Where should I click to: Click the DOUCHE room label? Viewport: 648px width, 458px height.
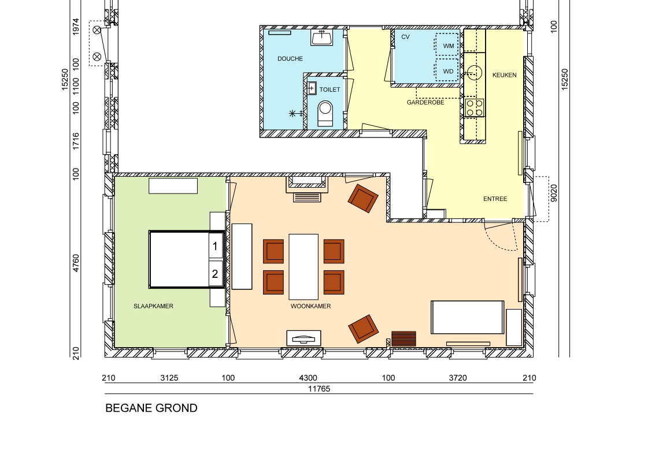tap(290, 59)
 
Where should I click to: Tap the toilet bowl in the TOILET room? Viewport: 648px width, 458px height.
tap(325, 113)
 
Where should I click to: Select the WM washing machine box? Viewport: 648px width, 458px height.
tap(447, 44)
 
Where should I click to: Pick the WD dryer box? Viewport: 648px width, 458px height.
tap(447, 70)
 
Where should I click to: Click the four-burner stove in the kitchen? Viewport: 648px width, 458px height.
tap(475, 107)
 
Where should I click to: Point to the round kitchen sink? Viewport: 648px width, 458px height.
tap(474, 73)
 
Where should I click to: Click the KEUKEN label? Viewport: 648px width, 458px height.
tap(504, 75)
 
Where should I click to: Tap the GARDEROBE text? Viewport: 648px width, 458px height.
tap(425, 102)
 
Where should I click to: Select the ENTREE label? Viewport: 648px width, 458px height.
tap(495, 199)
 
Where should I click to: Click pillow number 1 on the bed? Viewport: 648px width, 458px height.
tap(215, 246)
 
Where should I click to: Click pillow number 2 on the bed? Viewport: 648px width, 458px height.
tap(215, 273)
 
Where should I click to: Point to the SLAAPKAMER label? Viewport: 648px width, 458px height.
tap(153, 307)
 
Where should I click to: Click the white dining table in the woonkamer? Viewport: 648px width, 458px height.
tap(303, 267)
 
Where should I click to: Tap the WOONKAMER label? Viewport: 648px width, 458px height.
tap(311, 307)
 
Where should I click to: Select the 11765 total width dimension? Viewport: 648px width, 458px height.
tap(319, 389)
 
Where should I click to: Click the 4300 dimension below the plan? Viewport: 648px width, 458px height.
tap(308, 378)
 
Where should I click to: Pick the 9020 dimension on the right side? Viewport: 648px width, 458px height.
tap(554, 193)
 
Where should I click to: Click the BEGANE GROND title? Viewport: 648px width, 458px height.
tap(151, 408)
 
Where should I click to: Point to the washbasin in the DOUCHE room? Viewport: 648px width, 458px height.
tap(322, 38)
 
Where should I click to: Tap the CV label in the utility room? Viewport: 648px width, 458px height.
tap(405, 37)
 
